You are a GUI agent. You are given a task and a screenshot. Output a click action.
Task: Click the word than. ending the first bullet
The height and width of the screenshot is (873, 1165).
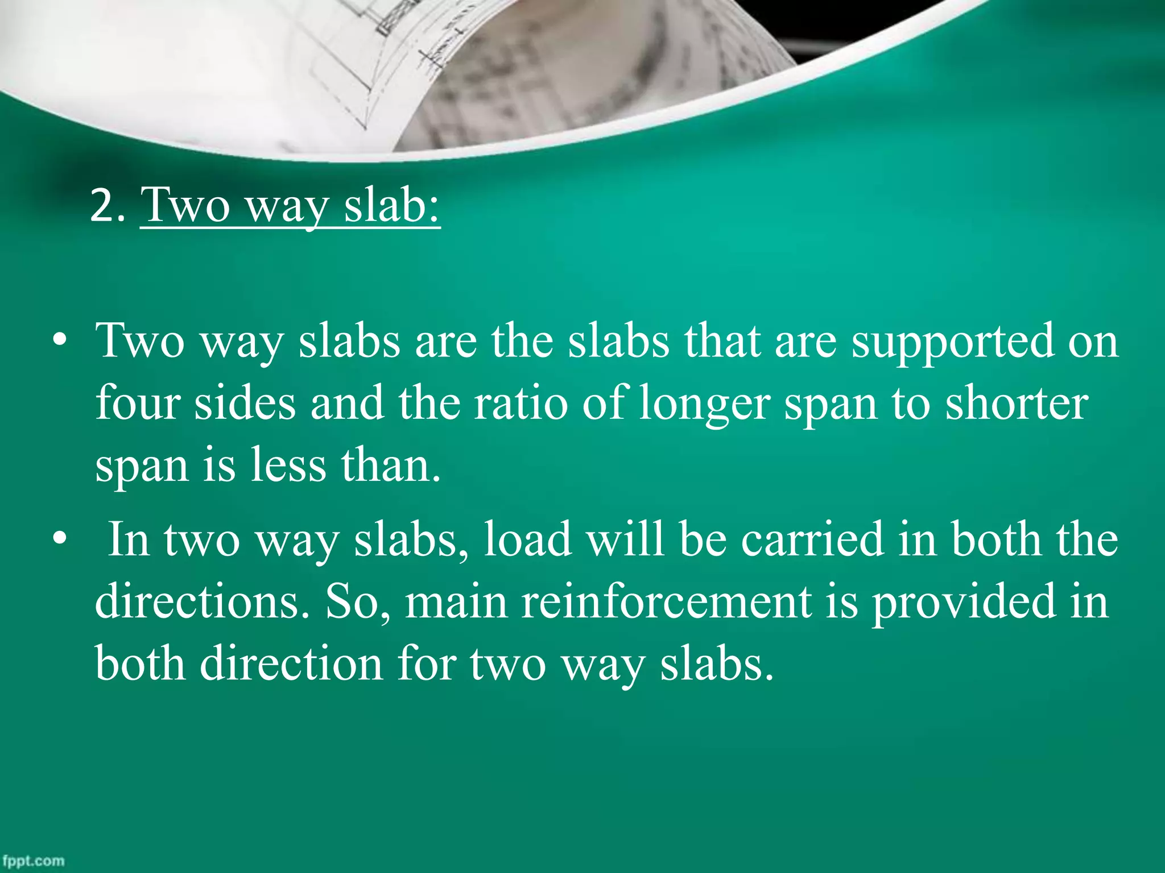tap(391, 465)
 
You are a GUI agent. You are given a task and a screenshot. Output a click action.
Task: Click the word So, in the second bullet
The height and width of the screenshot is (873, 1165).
tap(358, 602)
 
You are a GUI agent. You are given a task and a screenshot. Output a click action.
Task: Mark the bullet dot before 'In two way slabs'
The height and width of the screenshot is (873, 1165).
tap(59, 541)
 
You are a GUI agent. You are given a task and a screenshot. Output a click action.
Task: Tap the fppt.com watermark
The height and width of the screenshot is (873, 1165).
tap(33, 860)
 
